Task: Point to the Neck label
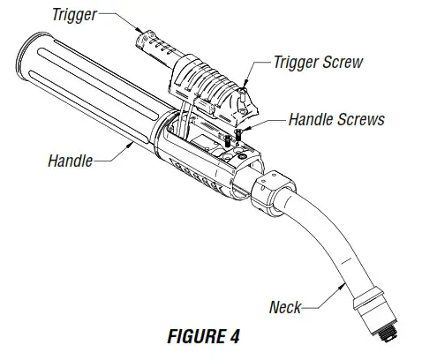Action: tap(284, 307)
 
